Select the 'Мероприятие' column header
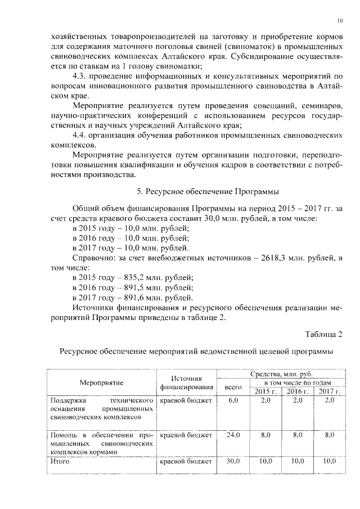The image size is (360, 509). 101,382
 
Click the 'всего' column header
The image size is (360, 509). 233,387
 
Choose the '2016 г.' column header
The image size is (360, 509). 298,391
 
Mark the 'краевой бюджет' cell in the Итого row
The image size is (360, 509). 186,461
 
